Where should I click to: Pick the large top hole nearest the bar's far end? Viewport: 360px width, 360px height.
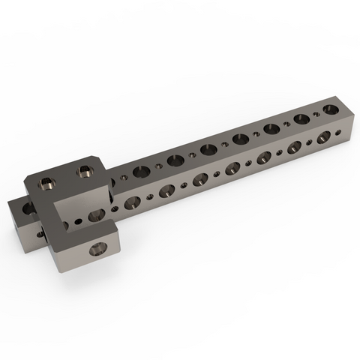pos(302,118)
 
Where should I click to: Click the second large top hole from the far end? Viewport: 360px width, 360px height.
pos(271,127)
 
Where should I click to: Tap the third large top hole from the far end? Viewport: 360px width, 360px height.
pos(241,138)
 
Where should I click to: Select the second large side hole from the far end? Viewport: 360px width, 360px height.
pos(295,147)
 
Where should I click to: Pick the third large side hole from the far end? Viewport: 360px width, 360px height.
pos(265,157)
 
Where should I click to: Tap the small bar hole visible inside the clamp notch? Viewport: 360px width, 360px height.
pos(78,221)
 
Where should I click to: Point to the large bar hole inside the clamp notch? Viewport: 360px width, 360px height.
pos(95,216)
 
